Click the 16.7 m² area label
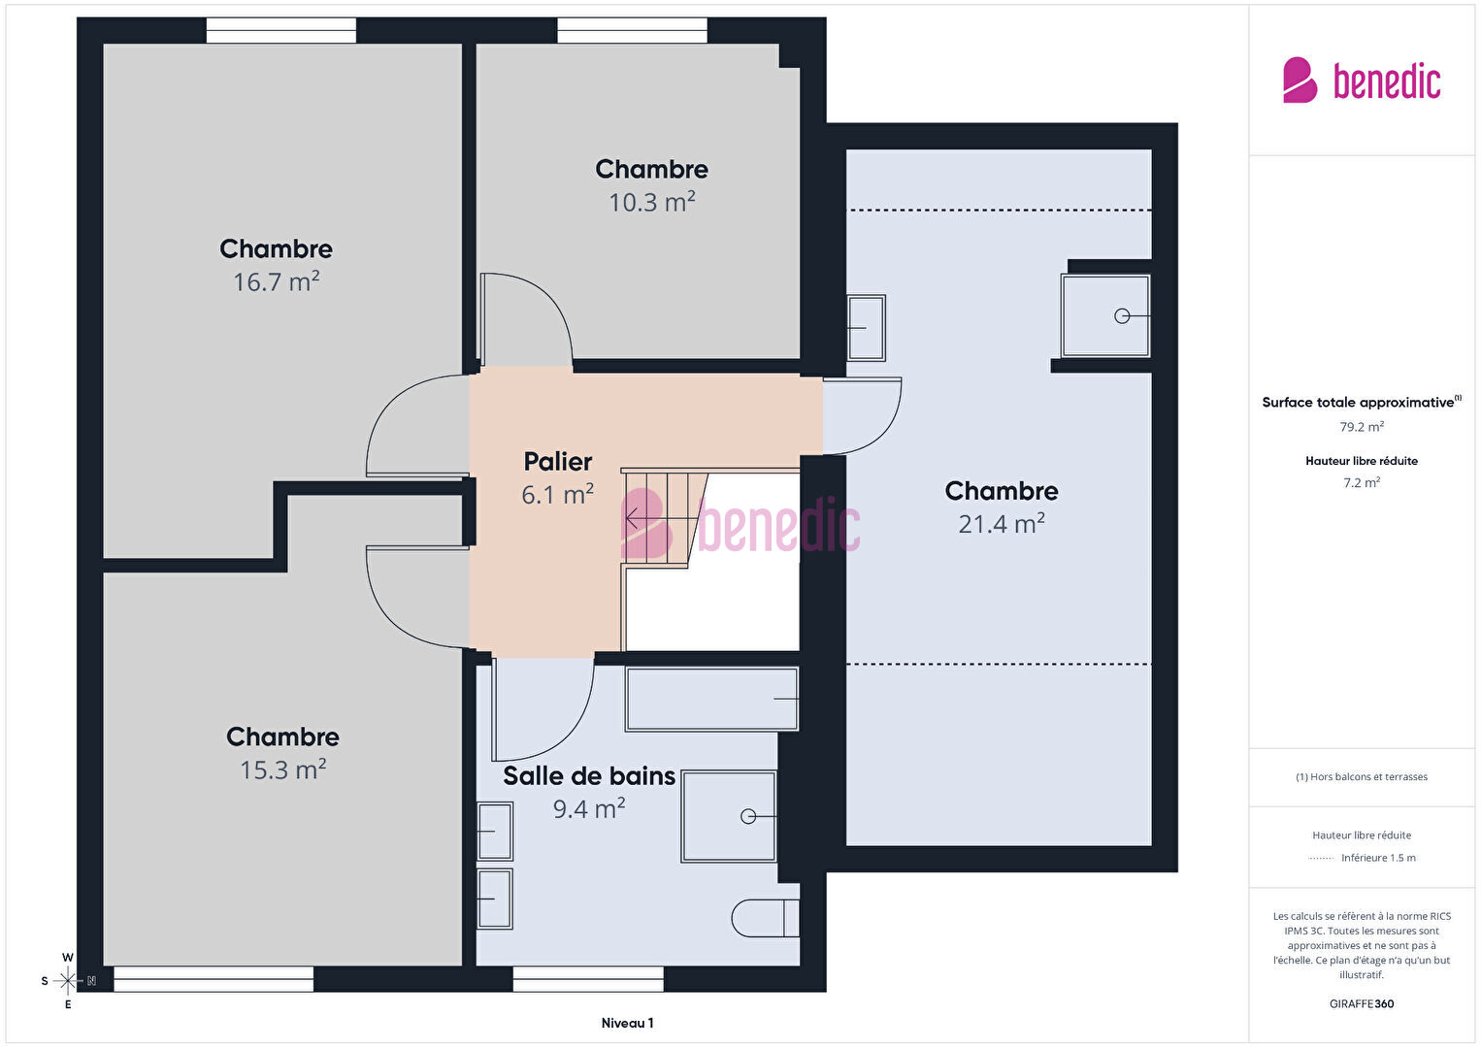tap(277, 282)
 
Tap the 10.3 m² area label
tap(652, 202)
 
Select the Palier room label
tap(557, 461)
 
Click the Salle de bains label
tap(589, 776)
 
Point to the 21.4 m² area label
tap(1002, 524)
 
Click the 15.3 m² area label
tap(283, 770)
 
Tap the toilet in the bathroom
tap(766, 918)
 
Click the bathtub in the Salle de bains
tap(711, 700)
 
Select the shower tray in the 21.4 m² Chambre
tap(1105, 316)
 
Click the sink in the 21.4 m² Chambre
tap(866, 328)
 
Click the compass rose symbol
tap(68, 981)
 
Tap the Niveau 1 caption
tap(628, 1023)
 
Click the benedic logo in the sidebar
tap(1362, 80)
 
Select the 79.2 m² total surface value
tap(1362, 427)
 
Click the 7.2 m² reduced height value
tap(1362, 482)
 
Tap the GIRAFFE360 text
tap(1362, 1004)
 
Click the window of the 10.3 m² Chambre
tap(632, 30)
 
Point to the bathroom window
tap(588, 979)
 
